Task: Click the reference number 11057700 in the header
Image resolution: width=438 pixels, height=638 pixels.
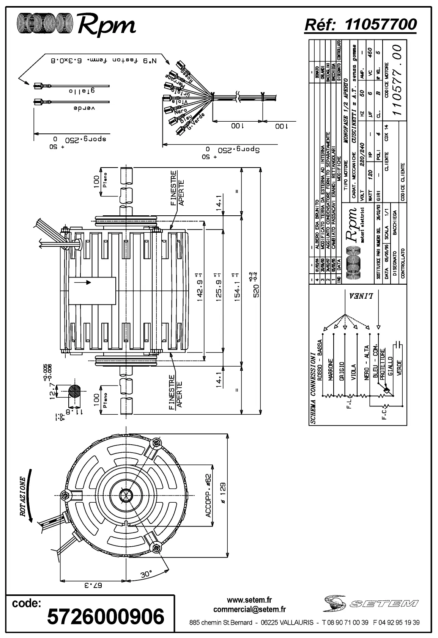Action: coord(380,24)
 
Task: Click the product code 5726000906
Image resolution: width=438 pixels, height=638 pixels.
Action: coord(106,617)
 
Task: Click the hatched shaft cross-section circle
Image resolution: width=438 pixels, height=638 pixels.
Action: coord(76,390)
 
